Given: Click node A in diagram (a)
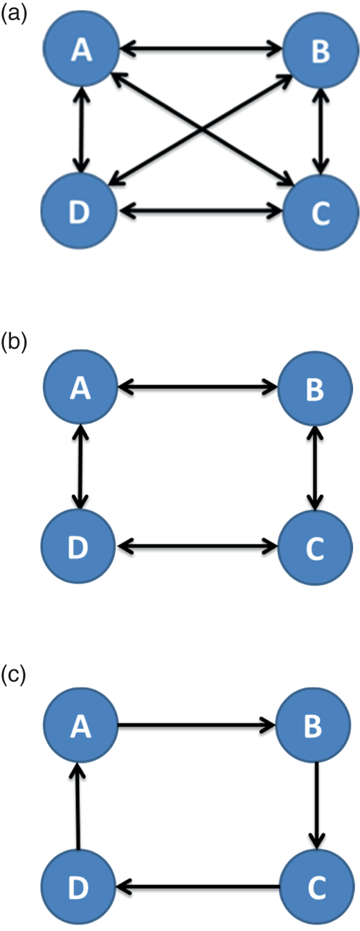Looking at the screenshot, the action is pos(82,50).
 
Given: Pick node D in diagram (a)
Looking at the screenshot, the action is pos(79,210).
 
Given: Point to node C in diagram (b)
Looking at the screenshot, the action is pos(315,548).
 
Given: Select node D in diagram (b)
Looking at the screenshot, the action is pos(78,546).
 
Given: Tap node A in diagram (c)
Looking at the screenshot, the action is pos(80,725).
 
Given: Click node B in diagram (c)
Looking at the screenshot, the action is pos(313,725).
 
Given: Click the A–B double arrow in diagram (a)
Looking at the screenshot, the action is pos(201,48).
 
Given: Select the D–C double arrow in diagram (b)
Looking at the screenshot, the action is pos(197,546).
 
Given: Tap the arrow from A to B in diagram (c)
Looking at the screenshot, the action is pos(196,725).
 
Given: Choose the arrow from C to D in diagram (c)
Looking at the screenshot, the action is pos(198,887).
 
